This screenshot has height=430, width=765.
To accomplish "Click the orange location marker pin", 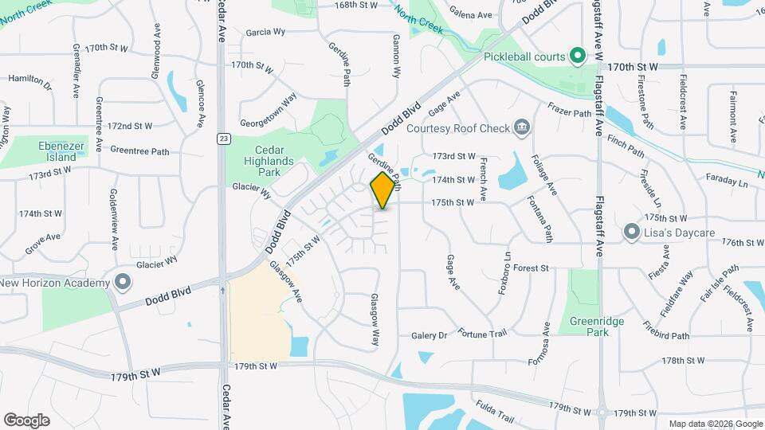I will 383,190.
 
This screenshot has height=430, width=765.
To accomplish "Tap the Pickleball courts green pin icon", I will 579,56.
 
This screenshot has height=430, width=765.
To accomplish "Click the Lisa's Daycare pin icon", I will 631,232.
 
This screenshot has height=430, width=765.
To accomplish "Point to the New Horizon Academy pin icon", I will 122,283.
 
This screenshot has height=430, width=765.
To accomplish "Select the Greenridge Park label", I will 597,326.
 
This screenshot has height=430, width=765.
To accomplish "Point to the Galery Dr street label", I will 430,336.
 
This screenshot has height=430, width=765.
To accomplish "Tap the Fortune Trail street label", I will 482,332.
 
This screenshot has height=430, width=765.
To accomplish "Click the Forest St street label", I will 532,269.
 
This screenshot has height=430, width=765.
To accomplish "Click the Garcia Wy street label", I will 265,33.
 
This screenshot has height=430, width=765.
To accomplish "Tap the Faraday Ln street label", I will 727,182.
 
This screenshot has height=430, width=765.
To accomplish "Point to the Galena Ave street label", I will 471,15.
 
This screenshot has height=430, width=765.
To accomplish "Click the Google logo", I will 26,420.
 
